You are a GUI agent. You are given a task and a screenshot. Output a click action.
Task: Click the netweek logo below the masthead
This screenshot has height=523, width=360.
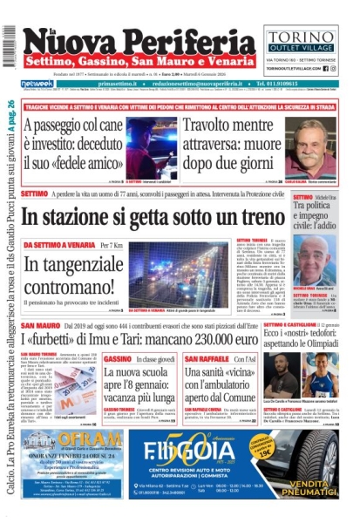point(37,84)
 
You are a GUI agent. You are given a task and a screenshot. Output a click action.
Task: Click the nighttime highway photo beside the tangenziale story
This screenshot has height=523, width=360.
point(166,274)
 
